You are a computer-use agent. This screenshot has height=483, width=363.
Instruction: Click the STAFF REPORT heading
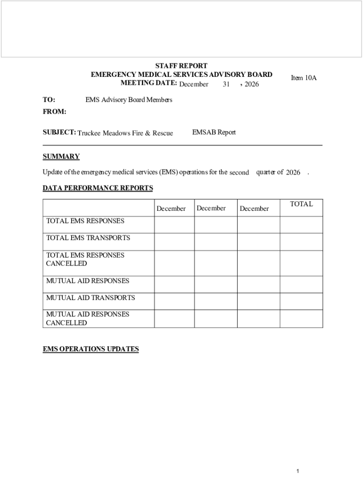[x=181, y=66]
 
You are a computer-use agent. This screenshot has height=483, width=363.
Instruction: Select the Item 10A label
[x=304, y=78]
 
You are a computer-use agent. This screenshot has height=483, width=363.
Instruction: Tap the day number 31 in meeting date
[x=226, y=84]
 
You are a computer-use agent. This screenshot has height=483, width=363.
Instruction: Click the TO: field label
[x=49, y=100]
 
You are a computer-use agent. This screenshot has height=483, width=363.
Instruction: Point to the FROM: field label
[x=54, y=112]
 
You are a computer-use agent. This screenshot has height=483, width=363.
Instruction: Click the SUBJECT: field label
[x=59, y=133]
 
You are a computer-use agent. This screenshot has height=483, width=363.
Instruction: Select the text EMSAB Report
[x=214, y=133]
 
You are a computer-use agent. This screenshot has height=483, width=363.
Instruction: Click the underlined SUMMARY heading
[x=61, y=157]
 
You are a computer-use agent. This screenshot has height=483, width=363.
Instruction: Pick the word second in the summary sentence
[x=239, y=173]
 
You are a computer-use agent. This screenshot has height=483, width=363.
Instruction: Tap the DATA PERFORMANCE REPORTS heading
[x=98, y=188]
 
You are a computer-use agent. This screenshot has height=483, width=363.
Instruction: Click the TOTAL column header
[x=301, y=204]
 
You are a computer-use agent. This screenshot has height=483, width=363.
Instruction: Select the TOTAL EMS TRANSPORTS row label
[x=88, y=238]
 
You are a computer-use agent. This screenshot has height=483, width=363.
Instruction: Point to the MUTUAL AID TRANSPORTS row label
[x=91, y=298]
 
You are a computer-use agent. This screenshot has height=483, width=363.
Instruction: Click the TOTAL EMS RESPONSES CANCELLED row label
[x=85, y=259]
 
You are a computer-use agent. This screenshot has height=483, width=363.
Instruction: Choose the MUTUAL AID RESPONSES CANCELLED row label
[x=88, y=318]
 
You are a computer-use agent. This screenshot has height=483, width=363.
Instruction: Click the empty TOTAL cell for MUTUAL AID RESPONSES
[x=301, y=284]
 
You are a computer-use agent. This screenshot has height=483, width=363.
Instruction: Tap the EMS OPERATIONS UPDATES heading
[x=91, y=349]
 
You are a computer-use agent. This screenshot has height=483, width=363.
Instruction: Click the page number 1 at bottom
[x=298, y=471]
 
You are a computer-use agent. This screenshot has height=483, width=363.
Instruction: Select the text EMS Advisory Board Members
[x=129, y=100]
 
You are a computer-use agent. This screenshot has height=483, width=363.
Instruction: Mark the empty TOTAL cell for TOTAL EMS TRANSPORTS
[x=301, y=241]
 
